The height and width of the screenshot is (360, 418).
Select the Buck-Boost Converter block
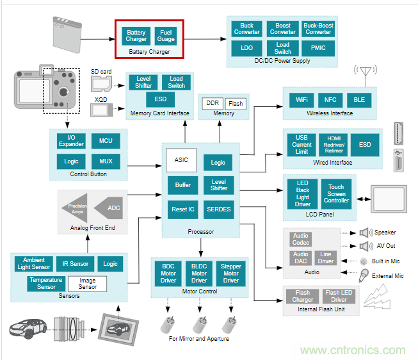pyautogui.click(x=318, y=29)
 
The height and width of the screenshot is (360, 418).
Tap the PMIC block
pyautogui.click(x=318, y=48)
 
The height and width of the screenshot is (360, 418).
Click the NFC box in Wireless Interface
pyautogui.click(x=330, y=101)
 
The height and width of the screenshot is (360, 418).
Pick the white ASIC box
pyautogui.click(x=181, y=160)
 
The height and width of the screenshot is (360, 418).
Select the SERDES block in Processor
pyautogui.click(x=218, y=209)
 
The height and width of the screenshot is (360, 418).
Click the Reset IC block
pyautogui.click(x=183, y=209)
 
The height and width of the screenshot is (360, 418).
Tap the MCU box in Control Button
pyautogui.click(x=106, y=141)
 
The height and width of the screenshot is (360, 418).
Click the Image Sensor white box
pyautogui.click(x=88, y=283)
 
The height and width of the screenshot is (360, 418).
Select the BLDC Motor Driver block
pyautogui.click(x=199, y=273)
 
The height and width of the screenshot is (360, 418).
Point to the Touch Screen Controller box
pyautogui.click(x=336, y=193)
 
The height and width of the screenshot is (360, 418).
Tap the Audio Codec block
pyautogui.click(x=300, y=239)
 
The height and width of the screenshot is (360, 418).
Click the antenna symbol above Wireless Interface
pyautogui.click(x=365, y=74)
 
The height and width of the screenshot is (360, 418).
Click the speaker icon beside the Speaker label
pyautogui.click(x=366, y=233)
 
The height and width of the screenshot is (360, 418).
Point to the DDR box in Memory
pyautogui.click(x=211, y=103)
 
